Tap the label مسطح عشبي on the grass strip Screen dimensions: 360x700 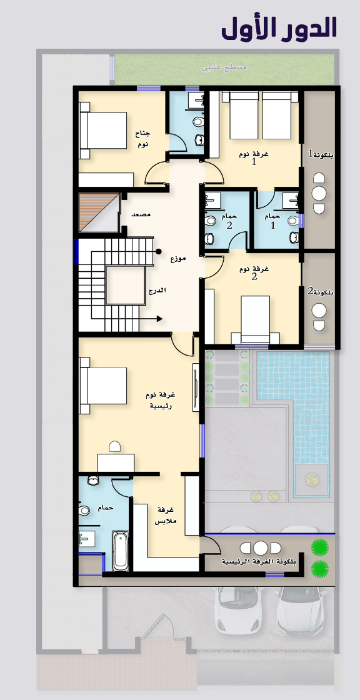tap(224, 69)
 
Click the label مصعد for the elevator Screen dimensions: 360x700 tap(141, 215)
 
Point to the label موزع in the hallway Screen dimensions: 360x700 tap(177, 259)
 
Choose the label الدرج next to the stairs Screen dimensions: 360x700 tap(157, 290)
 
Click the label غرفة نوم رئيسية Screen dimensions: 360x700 tap(161, 400)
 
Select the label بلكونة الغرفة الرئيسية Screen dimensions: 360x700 tap(259, 562)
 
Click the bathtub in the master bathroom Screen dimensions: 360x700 tap(121, 551)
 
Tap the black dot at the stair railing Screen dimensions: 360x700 tap(159, 252)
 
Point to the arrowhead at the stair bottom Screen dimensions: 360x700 tap(159, 319)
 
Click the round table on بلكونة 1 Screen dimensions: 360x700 tap(319, 193)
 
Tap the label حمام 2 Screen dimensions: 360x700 tap(229, 221)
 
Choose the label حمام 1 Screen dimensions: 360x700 tap(272, 221)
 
